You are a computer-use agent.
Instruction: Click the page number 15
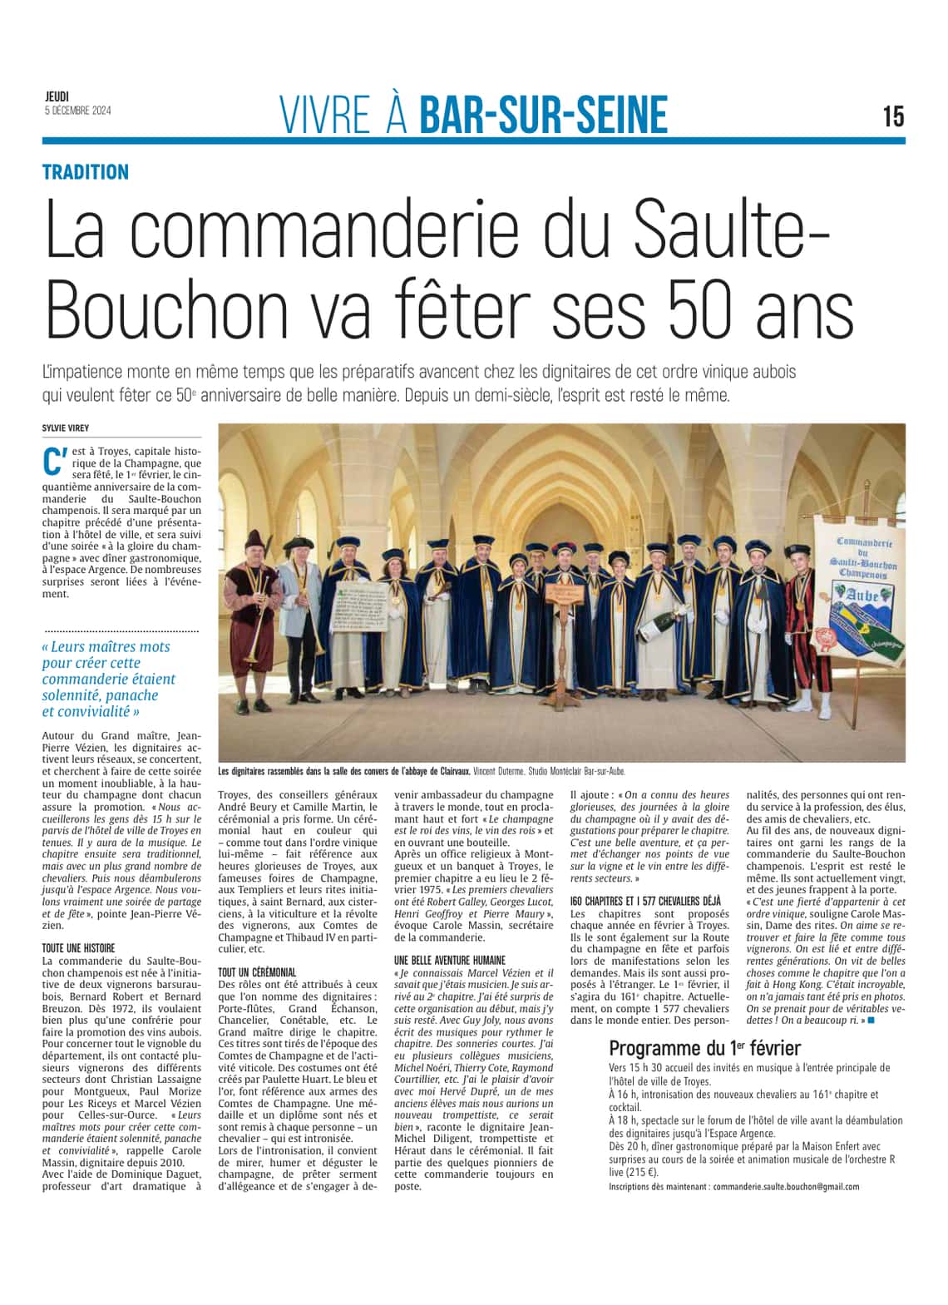point(893,116)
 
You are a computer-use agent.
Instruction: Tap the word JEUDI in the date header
point(57,97)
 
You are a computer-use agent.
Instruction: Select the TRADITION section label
point(86,172)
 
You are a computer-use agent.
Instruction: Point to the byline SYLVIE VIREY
point(67,428)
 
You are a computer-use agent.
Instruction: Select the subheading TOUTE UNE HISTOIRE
point(78,947)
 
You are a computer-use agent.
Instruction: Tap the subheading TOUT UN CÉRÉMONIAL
point(257,971)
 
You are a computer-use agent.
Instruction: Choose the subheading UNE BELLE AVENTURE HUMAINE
point(450,960)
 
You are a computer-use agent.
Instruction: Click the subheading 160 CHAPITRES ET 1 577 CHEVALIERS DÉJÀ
point(645,901)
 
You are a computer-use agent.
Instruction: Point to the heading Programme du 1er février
point(704,1048)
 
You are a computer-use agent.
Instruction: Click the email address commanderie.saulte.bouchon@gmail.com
point(786,1187)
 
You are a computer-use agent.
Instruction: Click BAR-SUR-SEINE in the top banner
point(543,116)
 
